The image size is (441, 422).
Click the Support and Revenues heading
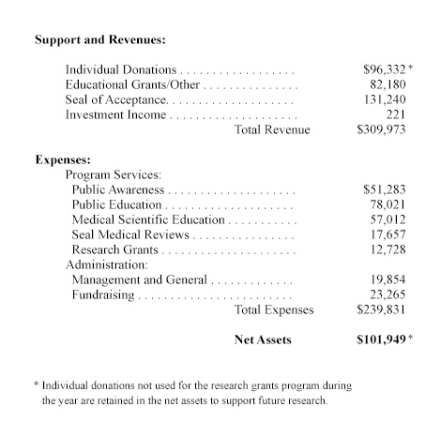[x=99, y=41]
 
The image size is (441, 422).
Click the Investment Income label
[x=115, y=114]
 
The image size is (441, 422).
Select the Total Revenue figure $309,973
[x=384, y=129]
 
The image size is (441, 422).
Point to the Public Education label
[x=117, y=204]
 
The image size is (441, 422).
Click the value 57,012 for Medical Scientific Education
[x=389, y=219]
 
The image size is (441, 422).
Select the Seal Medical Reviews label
[x=130, y=234]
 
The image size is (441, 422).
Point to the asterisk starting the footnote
[x=36, y=385]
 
